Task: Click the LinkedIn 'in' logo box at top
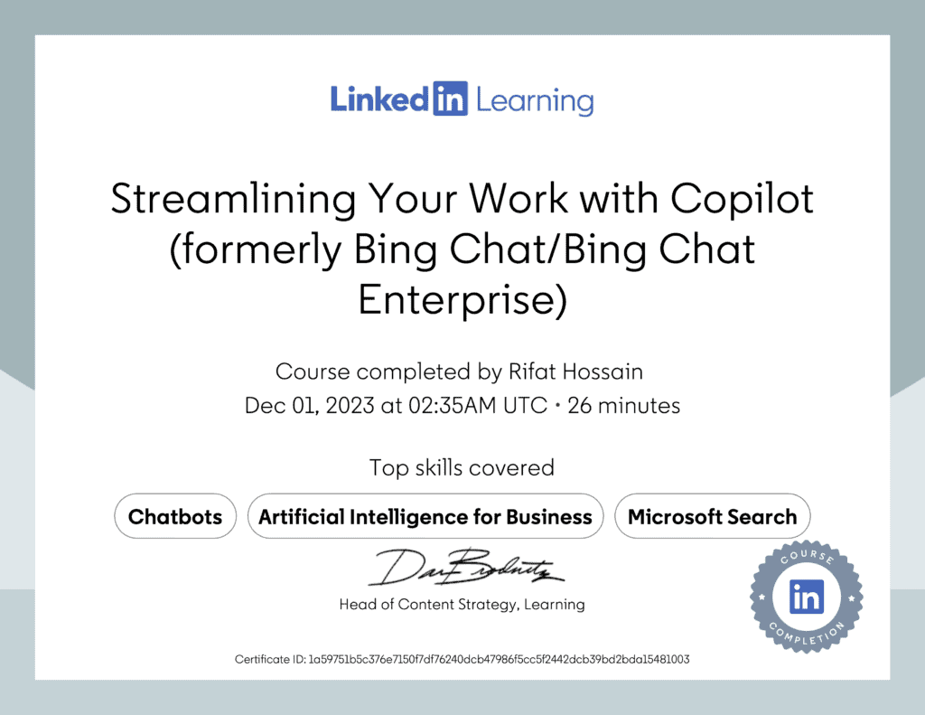tap(450, 99)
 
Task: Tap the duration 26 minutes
tap(624, 406)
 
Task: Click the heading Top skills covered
tap(462, 467)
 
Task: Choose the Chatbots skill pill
tap(175, 517)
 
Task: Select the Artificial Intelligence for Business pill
tap(425, 517)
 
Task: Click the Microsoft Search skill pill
tap(712, 517)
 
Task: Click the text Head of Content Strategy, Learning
tap(462, 604)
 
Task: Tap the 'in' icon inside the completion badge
tap(807, 596)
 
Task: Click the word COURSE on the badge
tap(808, 559)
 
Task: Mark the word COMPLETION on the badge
tap(807, 635)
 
